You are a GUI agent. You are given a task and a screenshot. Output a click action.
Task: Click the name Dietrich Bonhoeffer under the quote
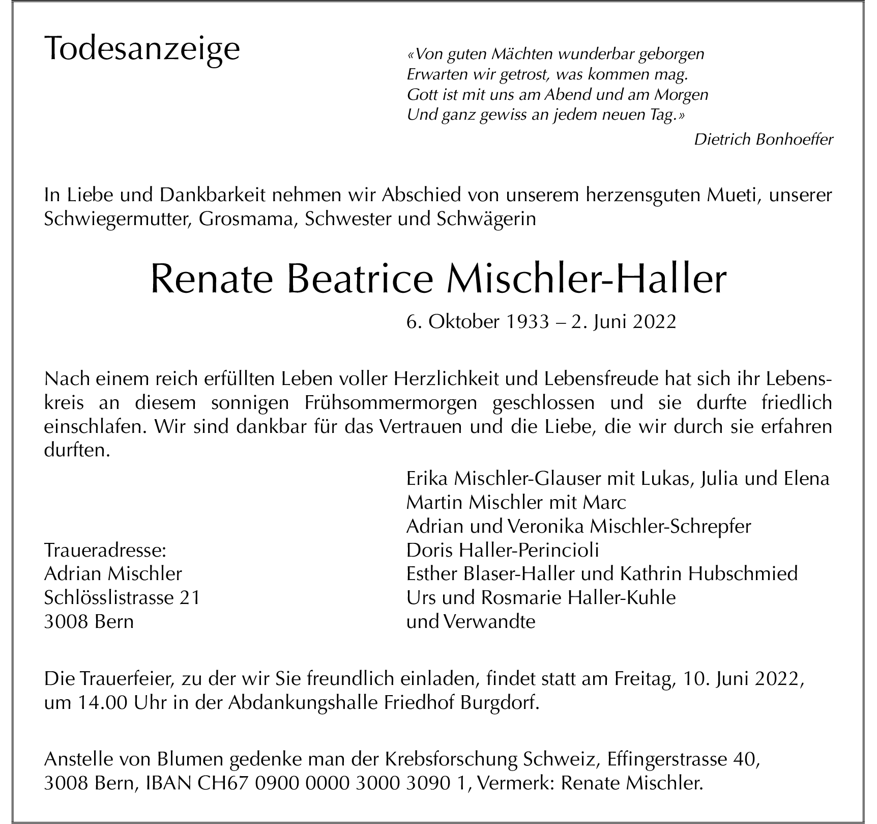(x=763, y=139)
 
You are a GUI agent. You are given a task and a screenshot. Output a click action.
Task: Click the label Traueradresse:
(x=105, y=551)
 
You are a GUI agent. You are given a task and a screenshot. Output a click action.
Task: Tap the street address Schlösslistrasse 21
(x=122, y=597)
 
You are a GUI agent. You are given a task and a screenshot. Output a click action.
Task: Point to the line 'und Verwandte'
(x=471, y=622)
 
